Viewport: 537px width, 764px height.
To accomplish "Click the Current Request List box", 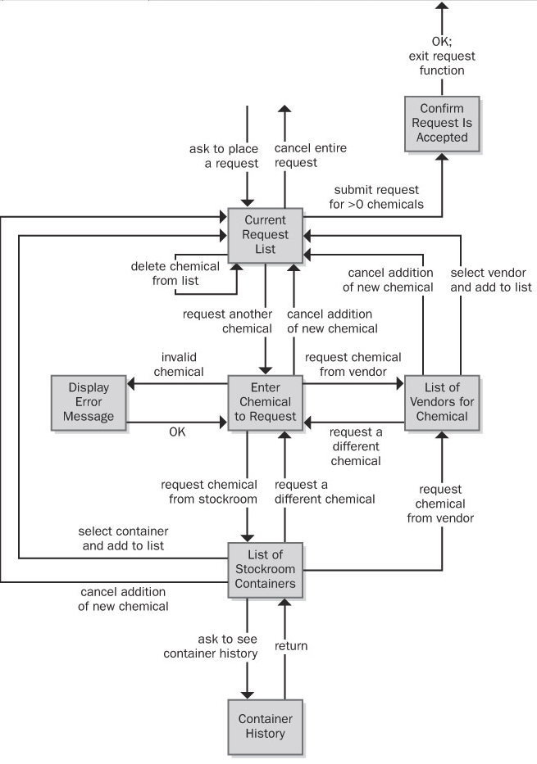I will coord(265,235).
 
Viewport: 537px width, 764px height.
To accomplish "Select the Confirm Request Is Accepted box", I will coord(442,123).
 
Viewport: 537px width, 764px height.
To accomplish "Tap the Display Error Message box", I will coord(88,402).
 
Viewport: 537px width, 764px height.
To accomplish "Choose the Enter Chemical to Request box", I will coord(265,402).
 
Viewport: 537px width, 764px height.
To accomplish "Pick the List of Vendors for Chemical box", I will coord(442,402).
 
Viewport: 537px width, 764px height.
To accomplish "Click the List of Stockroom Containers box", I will coord(265,570).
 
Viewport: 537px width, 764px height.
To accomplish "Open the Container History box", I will coord(265,726).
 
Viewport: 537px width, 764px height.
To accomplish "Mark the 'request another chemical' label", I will coord(227,321).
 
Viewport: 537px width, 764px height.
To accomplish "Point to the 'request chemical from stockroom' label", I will coord(209,491).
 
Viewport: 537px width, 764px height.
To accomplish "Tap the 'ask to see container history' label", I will coord(211,645).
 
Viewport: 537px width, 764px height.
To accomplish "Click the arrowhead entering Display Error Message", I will coord(130,382).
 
